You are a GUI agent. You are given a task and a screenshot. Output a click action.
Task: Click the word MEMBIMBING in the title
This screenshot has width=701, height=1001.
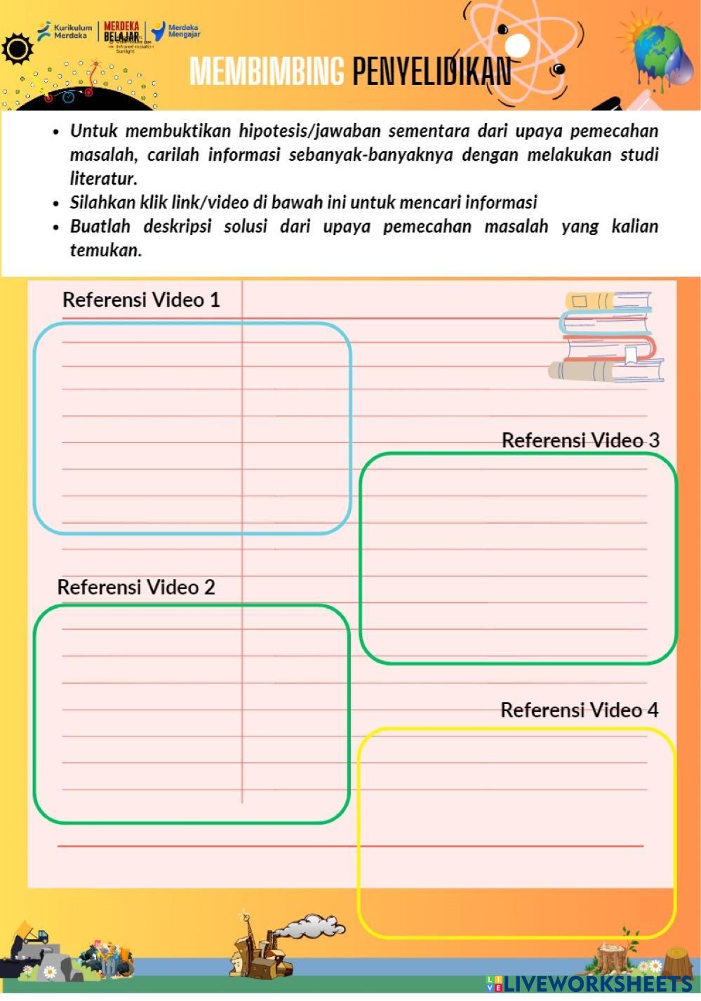pyautogui.click(x=267, y=71)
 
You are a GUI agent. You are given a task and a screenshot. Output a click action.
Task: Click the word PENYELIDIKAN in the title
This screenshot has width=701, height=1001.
pyautogui.click(x=432, y=71)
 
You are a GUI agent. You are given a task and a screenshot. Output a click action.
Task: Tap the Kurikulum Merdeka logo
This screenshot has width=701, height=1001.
pyautogui.click(x=65, y=31)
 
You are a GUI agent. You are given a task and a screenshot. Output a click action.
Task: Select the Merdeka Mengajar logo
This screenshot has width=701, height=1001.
pyautogui.click(x=176, y=32)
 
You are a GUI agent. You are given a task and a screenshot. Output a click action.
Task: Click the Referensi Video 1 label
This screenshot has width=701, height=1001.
pyautogui.click(x=141, y=300)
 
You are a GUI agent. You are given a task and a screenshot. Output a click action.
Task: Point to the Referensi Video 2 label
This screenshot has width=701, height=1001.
pyautogui.click(x=136, y=587)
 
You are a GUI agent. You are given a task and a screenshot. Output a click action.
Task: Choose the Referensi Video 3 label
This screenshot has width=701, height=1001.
pyautogui.click(x=580, y=440)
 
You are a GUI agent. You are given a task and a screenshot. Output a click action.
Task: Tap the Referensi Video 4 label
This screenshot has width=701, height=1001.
pyautogui.click(x=579, y=710)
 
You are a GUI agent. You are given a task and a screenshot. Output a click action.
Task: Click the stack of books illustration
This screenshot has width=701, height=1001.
pyautogui.click(x=607, y=337)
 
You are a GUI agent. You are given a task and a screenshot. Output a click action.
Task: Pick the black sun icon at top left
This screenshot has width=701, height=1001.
pyautogui.click(x=18, y=49)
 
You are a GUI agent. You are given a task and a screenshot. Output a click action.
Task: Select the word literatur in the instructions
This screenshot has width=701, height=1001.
pyautogui.click(x=102, y=178)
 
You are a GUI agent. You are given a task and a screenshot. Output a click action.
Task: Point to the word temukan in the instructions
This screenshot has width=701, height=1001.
pyautogui.click(x=105, y=250)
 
